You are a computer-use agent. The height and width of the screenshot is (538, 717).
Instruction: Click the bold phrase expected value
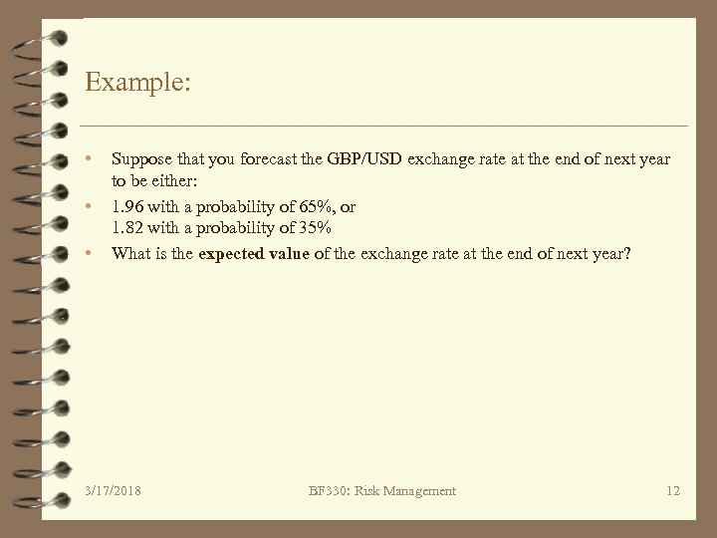[x=254, y=254]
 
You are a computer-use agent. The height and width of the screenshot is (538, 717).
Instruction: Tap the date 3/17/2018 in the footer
[x=113, y=490]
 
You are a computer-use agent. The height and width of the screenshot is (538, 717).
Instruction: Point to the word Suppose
[x=139, y=159]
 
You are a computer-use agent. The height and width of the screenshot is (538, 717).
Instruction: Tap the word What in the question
[x=130, y=254]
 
